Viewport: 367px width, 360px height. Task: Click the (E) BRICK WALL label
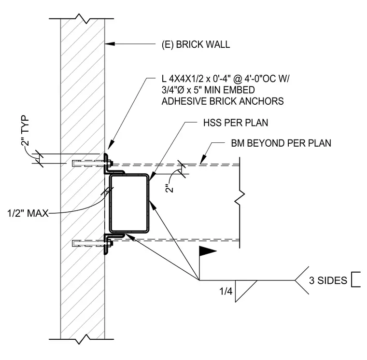pos(196,44)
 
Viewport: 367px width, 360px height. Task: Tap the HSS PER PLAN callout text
pos(236,123)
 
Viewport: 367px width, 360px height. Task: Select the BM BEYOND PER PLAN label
pos(281,143)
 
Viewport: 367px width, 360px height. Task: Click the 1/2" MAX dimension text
pos(28,213)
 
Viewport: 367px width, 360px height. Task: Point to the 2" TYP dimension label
pos(25,131)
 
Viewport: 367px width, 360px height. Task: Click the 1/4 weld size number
pos(226,291)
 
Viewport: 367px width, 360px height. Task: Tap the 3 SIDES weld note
pos(328,280)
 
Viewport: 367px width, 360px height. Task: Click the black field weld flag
pos(207,251)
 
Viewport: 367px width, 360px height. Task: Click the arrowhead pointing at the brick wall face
pos(110,44)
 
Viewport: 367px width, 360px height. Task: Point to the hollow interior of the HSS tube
pos(129,203)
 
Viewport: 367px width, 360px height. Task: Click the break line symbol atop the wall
pos(82,19)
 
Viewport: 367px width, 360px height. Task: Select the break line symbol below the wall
pos(82,339)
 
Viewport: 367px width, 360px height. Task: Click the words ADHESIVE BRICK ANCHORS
pos(223,101)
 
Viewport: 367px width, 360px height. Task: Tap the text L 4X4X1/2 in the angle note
pos(183,79)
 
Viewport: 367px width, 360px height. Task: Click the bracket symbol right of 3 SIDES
pos(356,279)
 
